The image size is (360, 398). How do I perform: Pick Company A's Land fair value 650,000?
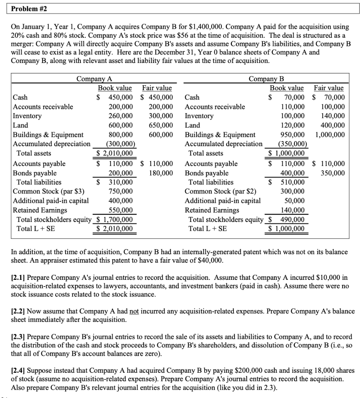[x=160, y=126]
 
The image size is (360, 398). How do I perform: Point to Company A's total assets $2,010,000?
[x=115, y=154]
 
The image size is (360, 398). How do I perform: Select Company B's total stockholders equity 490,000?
[x=292, y=220]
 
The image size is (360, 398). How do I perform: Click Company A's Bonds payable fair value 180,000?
[x=160, y=173]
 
